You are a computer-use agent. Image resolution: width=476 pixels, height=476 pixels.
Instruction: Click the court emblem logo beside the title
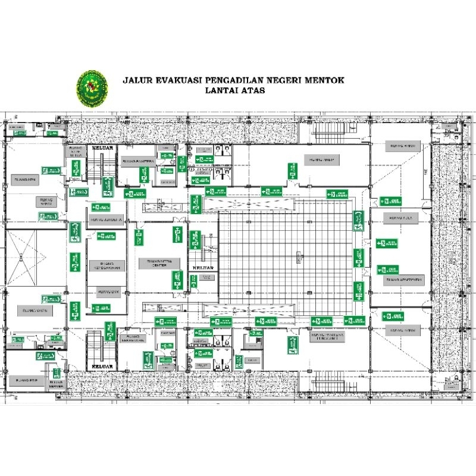(92, 87)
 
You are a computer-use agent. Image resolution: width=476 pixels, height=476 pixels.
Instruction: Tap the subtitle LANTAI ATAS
(234, 91)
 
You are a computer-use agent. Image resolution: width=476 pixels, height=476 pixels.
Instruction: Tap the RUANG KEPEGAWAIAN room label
(107, 265)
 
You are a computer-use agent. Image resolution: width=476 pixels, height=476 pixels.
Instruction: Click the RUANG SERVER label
(57, 383)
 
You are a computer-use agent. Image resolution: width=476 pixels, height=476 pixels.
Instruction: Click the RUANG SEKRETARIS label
(131, 339)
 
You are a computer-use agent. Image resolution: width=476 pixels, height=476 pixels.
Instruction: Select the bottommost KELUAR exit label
(100, 367)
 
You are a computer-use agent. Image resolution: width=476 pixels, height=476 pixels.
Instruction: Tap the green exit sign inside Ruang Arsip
(292, 171)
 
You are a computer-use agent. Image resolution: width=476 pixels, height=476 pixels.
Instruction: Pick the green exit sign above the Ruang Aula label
(391, 201)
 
